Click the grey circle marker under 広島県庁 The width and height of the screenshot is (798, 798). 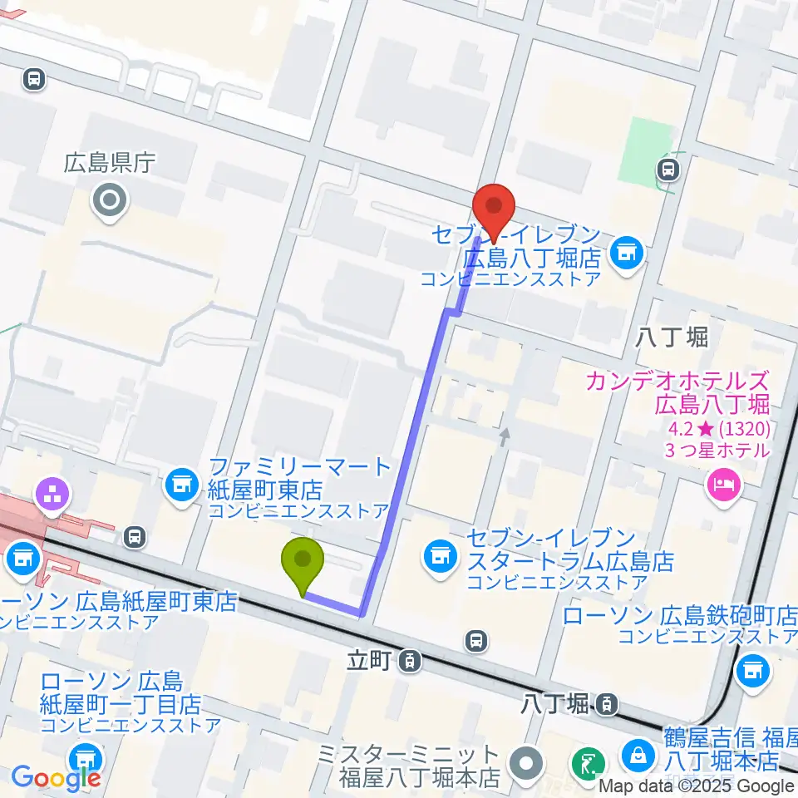(x=110, y=200)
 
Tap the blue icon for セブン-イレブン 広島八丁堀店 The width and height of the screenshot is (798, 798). (x=625, y=249)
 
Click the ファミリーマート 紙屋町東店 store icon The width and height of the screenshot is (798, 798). (x=181, y=482)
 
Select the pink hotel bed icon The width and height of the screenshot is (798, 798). (x=722, y=483)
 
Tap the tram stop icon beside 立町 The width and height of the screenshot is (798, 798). (x=408, y=662)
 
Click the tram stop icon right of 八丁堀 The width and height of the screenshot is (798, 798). (x=608, y=704)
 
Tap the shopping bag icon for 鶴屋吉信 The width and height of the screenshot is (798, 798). (x=638, y=753)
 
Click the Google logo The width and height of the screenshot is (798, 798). (x=56, y=779)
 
